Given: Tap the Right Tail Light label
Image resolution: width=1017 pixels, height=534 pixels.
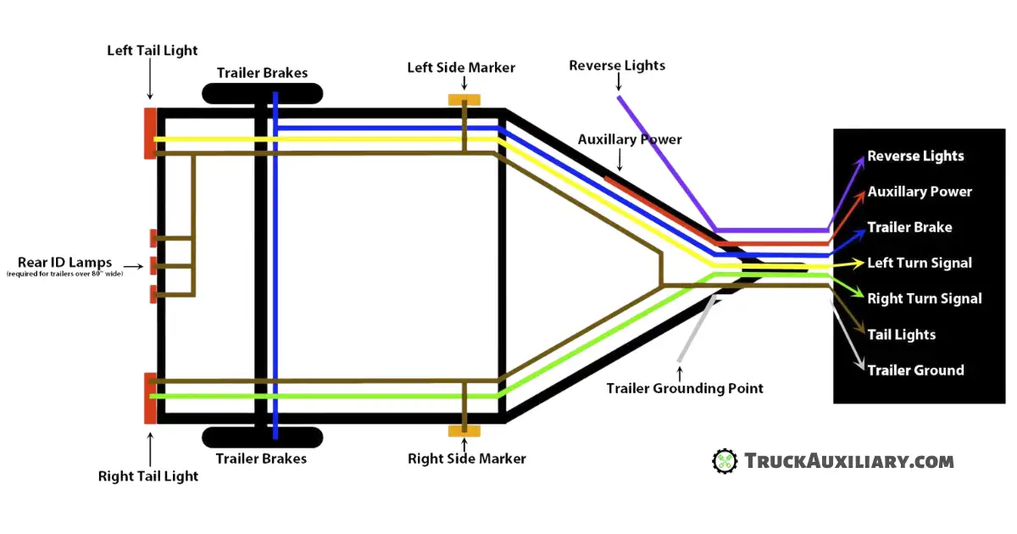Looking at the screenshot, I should (148, 476).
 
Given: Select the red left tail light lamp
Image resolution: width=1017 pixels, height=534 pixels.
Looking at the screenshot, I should (149, 133).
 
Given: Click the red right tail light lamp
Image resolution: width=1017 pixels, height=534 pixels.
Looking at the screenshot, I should (149, 398).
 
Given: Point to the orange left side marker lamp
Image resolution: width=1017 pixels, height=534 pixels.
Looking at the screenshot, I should (464, 100).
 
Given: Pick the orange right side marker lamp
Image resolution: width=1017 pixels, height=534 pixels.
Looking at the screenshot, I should (464, 431).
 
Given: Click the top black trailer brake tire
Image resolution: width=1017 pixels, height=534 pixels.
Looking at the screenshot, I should (262, 93).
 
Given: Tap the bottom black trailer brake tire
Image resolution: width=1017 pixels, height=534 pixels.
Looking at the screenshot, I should (262, 437).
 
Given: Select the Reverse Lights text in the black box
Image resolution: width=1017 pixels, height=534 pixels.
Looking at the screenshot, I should (915, 156).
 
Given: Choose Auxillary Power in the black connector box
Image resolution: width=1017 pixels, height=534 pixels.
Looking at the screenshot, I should (920, 192).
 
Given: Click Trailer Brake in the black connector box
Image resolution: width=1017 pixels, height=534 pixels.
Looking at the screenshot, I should (909, 227).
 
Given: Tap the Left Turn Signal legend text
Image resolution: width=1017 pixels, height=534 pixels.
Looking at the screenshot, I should (920, 263).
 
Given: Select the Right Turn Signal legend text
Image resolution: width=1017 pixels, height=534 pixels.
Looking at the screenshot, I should (924, 298).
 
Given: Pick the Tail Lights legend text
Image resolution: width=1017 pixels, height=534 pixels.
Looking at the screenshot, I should (901, 335).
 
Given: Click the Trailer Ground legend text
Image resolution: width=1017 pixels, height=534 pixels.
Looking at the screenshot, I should (915, 370).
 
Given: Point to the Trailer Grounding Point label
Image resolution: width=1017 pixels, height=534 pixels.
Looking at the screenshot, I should (685, 388).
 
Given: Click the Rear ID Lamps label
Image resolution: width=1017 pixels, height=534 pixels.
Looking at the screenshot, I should (64, 263).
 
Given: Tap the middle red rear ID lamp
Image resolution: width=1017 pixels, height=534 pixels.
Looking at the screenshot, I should (153, 265).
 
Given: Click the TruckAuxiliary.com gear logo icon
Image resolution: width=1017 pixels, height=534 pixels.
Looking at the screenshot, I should (725, 461).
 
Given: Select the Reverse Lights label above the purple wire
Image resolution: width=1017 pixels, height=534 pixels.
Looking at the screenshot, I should (617, 65).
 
